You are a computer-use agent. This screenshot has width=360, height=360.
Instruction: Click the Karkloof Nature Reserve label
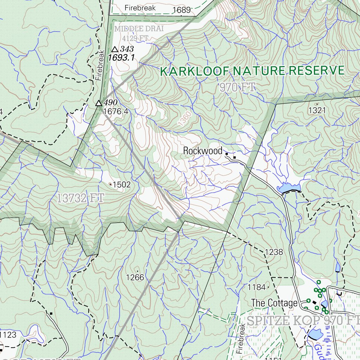click(x=252, y=71)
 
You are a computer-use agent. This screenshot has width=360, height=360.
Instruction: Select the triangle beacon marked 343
click(x=115, y=50)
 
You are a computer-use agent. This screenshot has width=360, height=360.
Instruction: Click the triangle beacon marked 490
click(x=99, y=103)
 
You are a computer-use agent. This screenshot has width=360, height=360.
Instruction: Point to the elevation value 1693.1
click(x=121, y=58)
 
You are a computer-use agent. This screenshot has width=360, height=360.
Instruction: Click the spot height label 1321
click(x=317, y=110)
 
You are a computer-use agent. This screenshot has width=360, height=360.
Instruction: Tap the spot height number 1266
click(x=135, y=277)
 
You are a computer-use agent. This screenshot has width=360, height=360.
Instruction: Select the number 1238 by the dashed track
click(x=274, y=252)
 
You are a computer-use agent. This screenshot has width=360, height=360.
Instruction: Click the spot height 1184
click(x=256, y=287)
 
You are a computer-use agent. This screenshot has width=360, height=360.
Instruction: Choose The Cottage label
click(x=274, y=303)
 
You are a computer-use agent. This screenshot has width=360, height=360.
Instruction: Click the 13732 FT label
click(x=81, y=198)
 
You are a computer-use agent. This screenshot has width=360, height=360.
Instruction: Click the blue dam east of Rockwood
click(x=289, y=188)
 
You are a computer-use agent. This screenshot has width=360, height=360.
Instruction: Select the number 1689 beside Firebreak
click(x=181, y=10)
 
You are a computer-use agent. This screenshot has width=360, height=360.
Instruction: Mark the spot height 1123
click(x=8, y=335)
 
